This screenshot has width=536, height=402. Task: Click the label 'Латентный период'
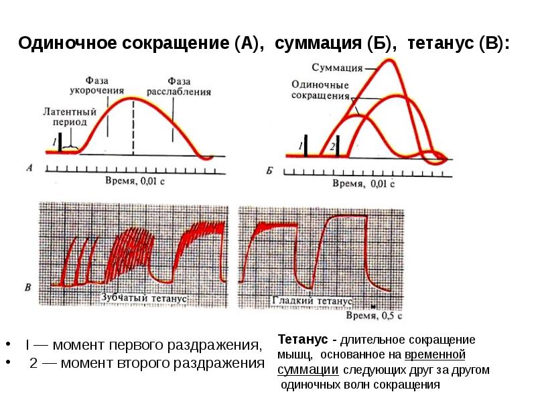point(70,117)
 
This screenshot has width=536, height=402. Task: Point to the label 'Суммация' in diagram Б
point(337,68)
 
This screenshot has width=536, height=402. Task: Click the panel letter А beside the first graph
point(29,167)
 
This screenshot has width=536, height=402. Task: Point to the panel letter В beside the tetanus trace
point(27,288)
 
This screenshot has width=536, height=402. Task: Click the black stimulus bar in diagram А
point(60,142)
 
